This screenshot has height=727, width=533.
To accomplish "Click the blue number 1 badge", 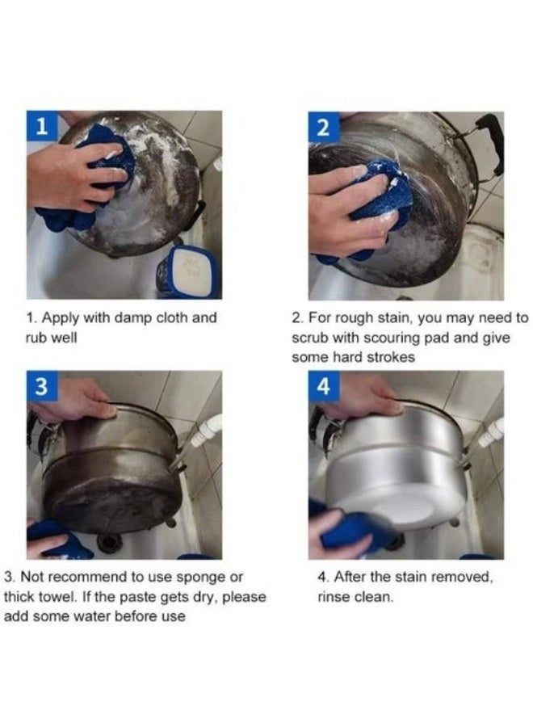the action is coord(42,126).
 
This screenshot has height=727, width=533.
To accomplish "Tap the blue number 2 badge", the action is coord(324,127).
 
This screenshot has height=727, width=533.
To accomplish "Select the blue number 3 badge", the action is coord(42,386).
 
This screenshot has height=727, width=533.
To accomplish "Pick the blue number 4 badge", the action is coord(324,386).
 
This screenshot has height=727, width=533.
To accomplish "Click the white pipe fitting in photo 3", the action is coord(206,431).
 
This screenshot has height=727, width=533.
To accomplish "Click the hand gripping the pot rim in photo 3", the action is coord(74,400).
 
